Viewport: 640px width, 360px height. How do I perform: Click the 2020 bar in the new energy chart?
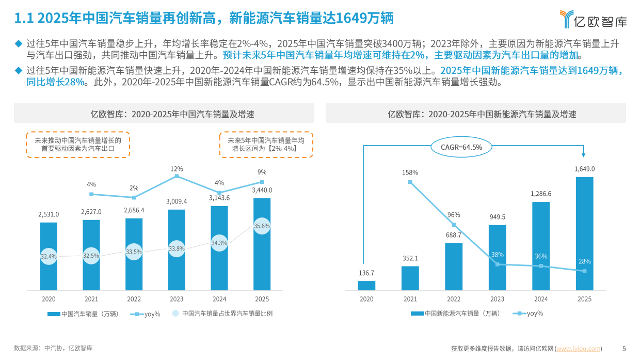pos(366,286)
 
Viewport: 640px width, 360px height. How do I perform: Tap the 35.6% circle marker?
pos(262,226)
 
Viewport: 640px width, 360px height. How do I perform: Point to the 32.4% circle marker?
pos(49,256)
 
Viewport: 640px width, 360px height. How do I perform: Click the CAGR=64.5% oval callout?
pos(461,147)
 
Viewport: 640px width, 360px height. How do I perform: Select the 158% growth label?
pos(410,173)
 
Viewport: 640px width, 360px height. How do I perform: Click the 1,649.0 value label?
pos(584,169)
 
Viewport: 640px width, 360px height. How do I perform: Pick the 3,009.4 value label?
pos(177,201)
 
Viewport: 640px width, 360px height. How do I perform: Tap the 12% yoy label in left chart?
pos(177,169)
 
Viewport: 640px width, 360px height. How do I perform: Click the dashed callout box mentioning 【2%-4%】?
pos(266,144)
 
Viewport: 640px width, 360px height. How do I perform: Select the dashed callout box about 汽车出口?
pos(78,144)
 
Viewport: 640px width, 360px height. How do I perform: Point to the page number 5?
pos(624,349)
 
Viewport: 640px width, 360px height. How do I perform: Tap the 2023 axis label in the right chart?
pos(497,299)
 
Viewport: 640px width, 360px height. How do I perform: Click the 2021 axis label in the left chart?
pos(91,299)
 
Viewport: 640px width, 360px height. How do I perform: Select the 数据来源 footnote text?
pos(53,349)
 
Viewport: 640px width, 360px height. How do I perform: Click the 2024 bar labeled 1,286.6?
pos(541,246)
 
